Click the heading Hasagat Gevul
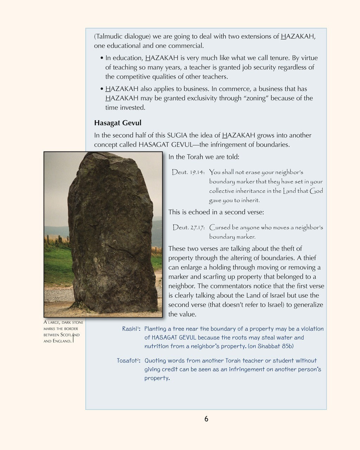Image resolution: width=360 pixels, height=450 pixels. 117,123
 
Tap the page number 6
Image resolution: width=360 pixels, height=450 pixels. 206,419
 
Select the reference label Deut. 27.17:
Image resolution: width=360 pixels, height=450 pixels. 188,227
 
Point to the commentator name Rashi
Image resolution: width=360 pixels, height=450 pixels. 130,329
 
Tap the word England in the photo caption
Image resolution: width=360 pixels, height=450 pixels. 62,341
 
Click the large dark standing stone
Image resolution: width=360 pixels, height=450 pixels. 111,232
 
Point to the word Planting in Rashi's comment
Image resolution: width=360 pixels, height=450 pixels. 156,329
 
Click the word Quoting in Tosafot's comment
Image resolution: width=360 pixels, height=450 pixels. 156,361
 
